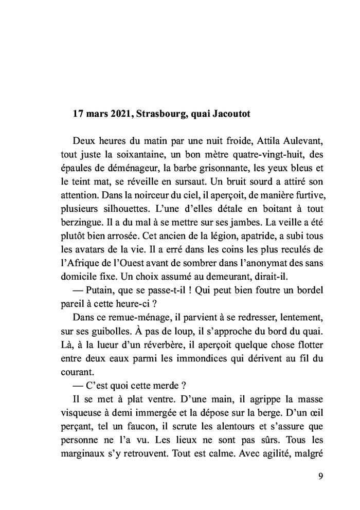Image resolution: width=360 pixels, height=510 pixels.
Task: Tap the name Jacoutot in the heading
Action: pyautogui.click(x=230, y=114)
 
